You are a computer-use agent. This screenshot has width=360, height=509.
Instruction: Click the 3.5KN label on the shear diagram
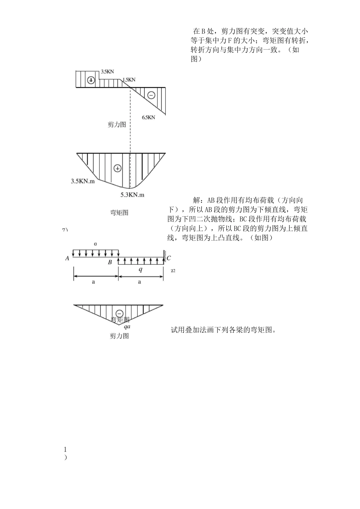click(107, 71)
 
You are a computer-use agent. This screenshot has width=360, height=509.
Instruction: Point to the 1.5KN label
click(128, 80)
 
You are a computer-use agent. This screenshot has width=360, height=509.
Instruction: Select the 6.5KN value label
click(149, 117)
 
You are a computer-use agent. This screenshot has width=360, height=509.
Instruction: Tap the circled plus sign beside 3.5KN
click(91, 80)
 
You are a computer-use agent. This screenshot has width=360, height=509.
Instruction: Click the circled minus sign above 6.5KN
click(151, 95)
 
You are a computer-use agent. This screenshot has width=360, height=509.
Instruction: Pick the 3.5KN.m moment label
click(83, 181)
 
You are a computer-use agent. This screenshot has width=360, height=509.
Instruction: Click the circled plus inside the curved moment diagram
click(117, 168)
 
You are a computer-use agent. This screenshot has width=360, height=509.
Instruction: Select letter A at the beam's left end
click(67, 258)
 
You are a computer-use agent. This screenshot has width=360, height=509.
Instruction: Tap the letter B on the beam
click(110, 262)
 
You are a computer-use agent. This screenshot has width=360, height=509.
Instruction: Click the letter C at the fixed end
click(169, 258)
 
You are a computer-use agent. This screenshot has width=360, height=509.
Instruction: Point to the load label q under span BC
click(141, 269)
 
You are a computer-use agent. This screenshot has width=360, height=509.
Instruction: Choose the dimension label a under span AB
click(94, 282)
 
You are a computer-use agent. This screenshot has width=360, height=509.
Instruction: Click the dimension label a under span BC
click(139, 282)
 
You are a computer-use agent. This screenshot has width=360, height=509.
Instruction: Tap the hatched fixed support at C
click(165, 256)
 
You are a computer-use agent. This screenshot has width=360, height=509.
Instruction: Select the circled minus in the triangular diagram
click(119, 313)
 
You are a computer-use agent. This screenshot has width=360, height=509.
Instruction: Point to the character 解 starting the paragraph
click(197, 200)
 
